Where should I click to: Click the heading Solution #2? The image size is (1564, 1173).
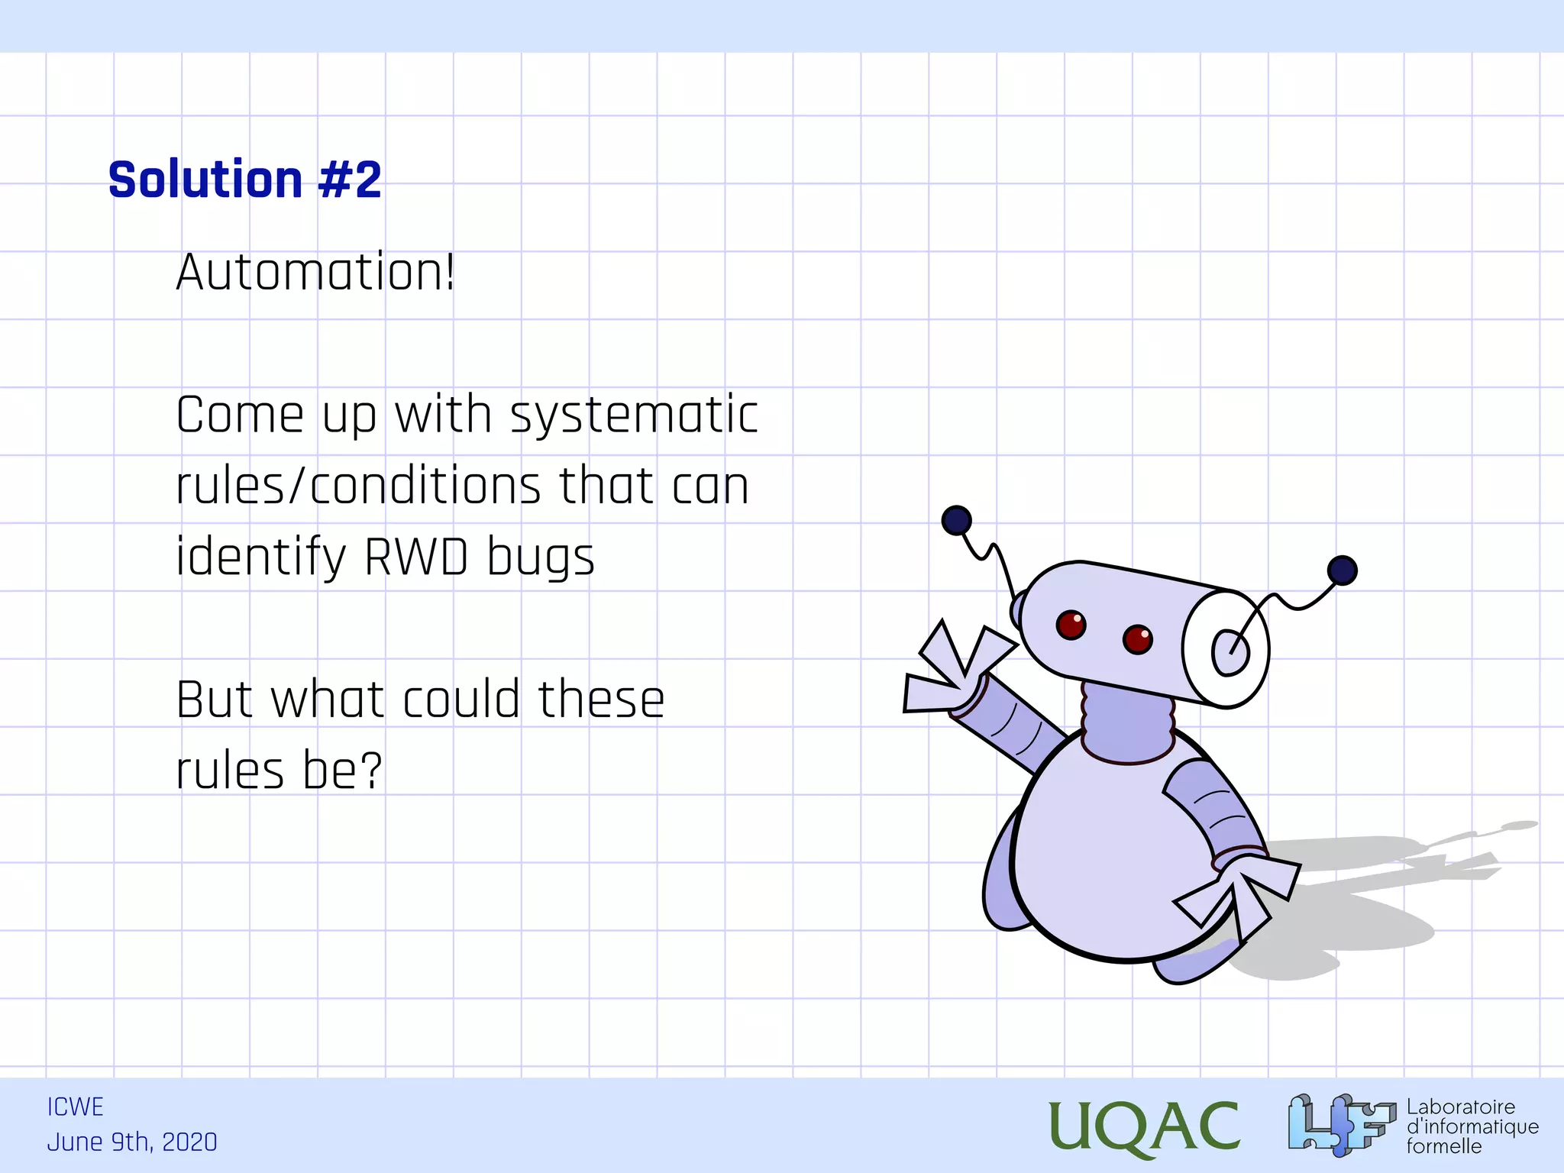click(x=244, y=180)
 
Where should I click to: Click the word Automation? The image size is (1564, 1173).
click(x=315, y=273)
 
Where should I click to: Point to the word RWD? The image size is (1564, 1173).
click(x=416, y=557)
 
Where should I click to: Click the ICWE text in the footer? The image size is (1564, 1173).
click(x=75, y=1107)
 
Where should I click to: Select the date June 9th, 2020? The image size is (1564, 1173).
click(x=132, y=1142)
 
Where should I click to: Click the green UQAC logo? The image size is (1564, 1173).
click(x=1143, y=1126)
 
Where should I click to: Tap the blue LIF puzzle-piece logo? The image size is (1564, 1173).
click(x=1340, y=1124)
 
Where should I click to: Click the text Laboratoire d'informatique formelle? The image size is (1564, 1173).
click(x=1472, y=1126)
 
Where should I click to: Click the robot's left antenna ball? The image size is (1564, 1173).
click(x=956, y=521)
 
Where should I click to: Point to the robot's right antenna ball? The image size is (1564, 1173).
click(x=1342, y=570)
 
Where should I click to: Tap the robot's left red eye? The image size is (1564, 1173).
click(x=1071, y=625)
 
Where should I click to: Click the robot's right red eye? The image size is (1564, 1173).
click(x=1137, y=638)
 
